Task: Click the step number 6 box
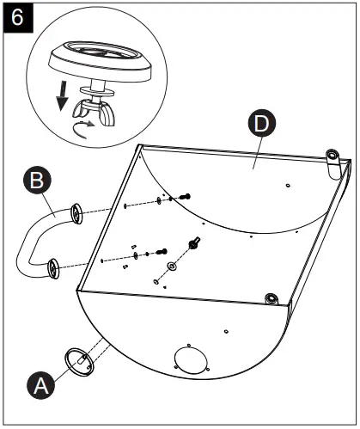click(x=18, y=18)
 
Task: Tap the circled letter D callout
click(x=262, y=124)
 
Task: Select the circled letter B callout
click(x=37, y=181)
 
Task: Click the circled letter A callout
click(x=41, y=385)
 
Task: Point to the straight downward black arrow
click(x=62, y=95)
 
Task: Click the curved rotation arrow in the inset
click(x=82, y=129)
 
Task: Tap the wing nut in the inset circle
click(x=95, y=112)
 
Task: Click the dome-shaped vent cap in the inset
click(x=101, y=60)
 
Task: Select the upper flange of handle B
click(x=76, y=213)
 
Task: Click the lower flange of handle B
click(x=53, y=268)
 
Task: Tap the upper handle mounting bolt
click(x=185, y=197)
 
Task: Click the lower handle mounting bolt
click(x=162, y=252)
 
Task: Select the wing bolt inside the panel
click(x=194, y=243)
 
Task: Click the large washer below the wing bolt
click(x=172, y=267)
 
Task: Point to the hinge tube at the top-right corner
click(x=333, y=164)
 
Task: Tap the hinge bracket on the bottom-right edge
click(x=271, y=299)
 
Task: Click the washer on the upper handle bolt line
click(x=159, y=201)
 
